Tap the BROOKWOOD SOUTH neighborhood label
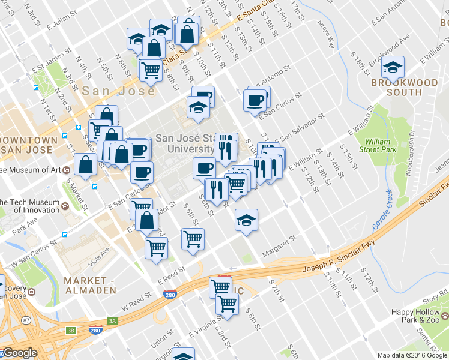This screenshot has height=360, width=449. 396,87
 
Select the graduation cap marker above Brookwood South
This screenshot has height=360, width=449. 393,67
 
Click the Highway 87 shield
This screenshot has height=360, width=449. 26,320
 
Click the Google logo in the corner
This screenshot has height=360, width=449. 19,353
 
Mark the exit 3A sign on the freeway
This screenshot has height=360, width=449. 111,321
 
